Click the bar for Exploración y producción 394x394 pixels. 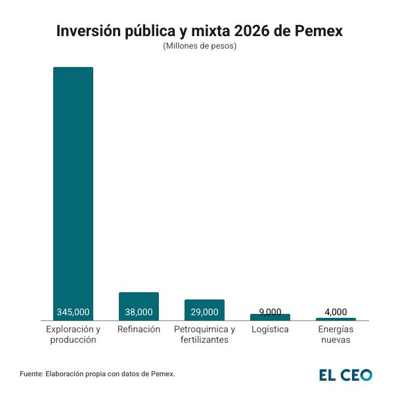pyautogui.click(x=73, y=190)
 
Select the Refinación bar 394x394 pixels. pyautogui.click(x=139, y=301)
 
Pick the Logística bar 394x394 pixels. pyautogui.click(x=270, y=317)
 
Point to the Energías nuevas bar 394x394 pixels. pyautogui.click(x=336, y=319)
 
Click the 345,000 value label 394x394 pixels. pyautogui.click(x=73, y=312)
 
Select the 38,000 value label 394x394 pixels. pyautogui.click(x=139, y=312)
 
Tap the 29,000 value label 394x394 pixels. pyautogui.click(x=204, y=312)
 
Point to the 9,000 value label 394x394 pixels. pyautogui.click(x=270, y=311)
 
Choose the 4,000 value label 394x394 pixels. pyautogui.click(x=336, y=312)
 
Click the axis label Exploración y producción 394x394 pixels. pyautogui.click(x=73, y=334)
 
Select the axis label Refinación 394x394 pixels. pyautogui.click(x=139, y=329)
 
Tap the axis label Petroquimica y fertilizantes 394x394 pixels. pyautogui.click(x=204, y=334)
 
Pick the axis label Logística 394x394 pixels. pyautogui.click(x=270, y=329)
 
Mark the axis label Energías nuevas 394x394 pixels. pyautogui.click(x=336, y=334)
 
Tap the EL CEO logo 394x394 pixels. pyautogui.click(x=345, y=374)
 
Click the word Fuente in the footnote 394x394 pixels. pyautogui.click(x=31, y=374)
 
